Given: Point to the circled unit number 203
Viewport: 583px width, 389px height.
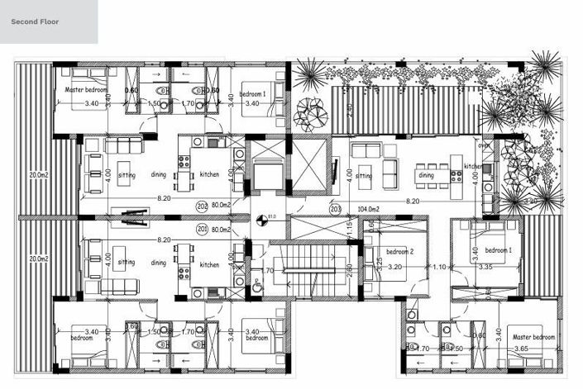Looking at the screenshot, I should pyautogui.click(x=336, y=209).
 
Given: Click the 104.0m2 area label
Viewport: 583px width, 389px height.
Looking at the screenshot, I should pyautogui.click(x=367, y=210).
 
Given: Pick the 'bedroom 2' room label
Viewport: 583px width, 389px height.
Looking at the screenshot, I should pyautogui.click(x=399, y=251).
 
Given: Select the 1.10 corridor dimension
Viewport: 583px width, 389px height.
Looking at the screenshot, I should pyautogui.click(x=439, y=267).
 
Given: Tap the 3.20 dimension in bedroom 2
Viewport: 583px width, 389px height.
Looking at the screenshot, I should pyautogui.click(x=394, y=268).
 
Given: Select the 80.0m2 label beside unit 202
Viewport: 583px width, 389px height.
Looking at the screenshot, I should pyautogui.click(x=220, y=206).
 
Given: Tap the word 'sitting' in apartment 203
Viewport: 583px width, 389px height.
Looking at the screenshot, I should pyautogui.click(x=363, y=176).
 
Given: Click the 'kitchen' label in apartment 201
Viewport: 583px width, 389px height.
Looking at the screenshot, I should pyautogui.click(x=209, y=264).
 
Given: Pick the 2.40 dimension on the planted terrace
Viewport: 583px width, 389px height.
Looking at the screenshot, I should pyautogui.click(x=349, y=108).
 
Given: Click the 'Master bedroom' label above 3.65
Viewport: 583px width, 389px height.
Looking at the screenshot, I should pyautogui.click(x=533, y=338).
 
